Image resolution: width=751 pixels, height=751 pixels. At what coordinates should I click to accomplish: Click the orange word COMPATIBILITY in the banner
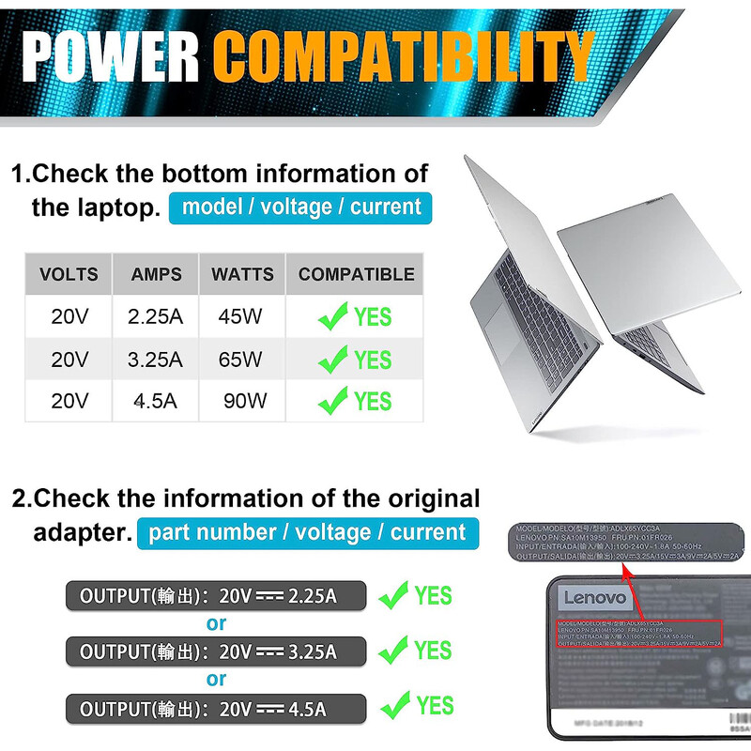(404, 56)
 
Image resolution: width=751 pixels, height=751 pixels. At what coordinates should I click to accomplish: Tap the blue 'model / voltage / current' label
(300, 207)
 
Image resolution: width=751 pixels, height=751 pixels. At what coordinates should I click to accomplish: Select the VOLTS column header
(69, 274)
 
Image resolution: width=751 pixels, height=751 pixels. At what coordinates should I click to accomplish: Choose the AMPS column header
(156, 274)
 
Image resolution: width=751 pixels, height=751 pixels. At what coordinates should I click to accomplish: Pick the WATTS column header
(242, 274)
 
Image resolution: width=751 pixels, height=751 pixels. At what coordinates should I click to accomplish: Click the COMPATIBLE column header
(356, 274)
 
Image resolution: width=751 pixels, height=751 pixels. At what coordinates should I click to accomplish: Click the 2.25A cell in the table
(156, 316)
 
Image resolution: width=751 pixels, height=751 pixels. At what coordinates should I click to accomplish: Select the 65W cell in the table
(240, 359)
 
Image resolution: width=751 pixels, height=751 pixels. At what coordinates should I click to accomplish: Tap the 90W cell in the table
(245, 401)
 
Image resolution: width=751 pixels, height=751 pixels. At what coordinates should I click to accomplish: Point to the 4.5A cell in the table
(155, 401)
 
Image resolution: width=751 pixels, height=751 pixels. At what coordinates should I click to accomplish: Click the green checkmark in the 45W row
(332, 316)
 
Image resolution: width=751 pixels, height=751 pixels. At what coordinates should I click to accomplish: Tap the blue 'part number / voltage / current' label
(307, 532)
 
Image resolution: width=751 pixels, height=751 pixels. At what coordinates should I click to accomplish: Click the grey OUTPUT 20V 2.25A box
(215, 596)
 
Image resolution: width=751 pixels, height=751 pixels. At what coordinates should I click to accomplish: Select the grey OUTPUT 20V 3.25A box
(215, 651)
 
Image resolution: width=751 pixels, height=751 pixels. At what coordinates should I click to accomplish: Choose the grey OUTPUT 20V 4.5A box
(215, 708)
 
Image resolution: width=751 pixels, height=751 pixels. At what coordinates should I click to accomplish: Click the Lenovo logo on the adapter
(594, 598)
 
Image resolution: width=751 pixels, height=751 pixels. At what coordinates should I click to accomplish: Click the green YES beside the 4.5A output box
(435, 705)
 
